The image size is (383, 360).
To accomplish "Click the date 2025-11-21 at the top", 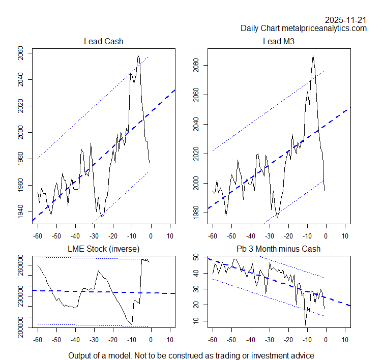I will pos(346,20).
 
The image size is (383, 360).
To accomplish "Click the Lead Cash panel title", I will pos(103,41).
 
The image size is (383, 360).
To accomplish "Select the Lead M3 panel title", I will pos(279,41).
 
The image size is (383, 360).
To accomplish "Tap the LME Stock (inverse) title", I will pos(103,248).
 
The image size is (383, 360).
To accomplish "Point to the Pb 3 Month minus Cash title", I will pos(279,248).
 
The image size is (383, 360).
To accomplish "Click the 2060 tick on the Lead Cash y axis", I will pos(20,53).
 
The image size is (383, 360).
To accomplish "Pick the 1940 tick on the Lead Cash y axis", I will pos(20,212).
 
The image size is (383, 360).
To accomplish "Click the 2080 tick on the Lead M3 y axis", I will pos(196,66).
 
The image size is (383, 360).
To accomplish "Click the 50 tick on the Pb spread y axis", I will pos(196,258).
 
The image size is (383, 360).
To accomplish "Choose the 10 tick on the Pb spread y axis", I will pos(196,320).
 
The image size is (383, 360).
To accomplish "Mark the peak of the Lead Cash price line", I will pos(138,55).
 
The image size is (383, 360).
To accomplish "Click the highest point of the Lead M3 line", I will pos(313,55).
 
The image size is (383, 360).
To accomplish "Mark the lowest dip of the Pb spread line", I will pos(306,324).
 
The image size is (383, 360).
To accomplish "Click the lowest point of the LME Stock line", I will pos(132,325).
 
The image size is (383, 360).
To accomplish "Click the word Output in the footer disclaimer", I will pos(80,355).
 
